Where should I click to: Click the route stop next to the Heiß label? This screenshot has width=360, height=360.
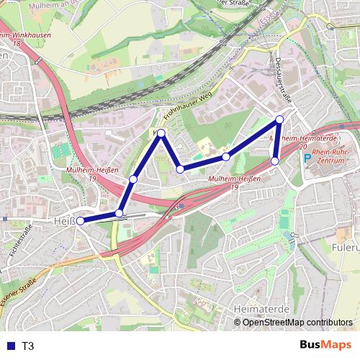[81, 221]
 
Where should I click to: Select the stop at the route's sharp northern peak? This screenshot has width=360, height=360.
[161, 133]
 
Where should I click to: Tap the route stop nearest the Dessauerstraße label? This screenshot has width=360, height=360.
[280, 120]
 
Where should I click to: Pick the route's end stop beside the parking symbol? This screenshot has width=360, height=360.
[275, 161]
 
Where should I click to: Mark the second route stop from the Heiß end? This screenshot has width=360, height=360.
[120, 213]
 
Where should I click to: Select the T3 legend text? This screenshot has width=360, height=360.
[28, 346]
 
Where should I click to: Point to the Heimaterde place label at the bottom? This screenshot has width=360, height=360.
[261, 308]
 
